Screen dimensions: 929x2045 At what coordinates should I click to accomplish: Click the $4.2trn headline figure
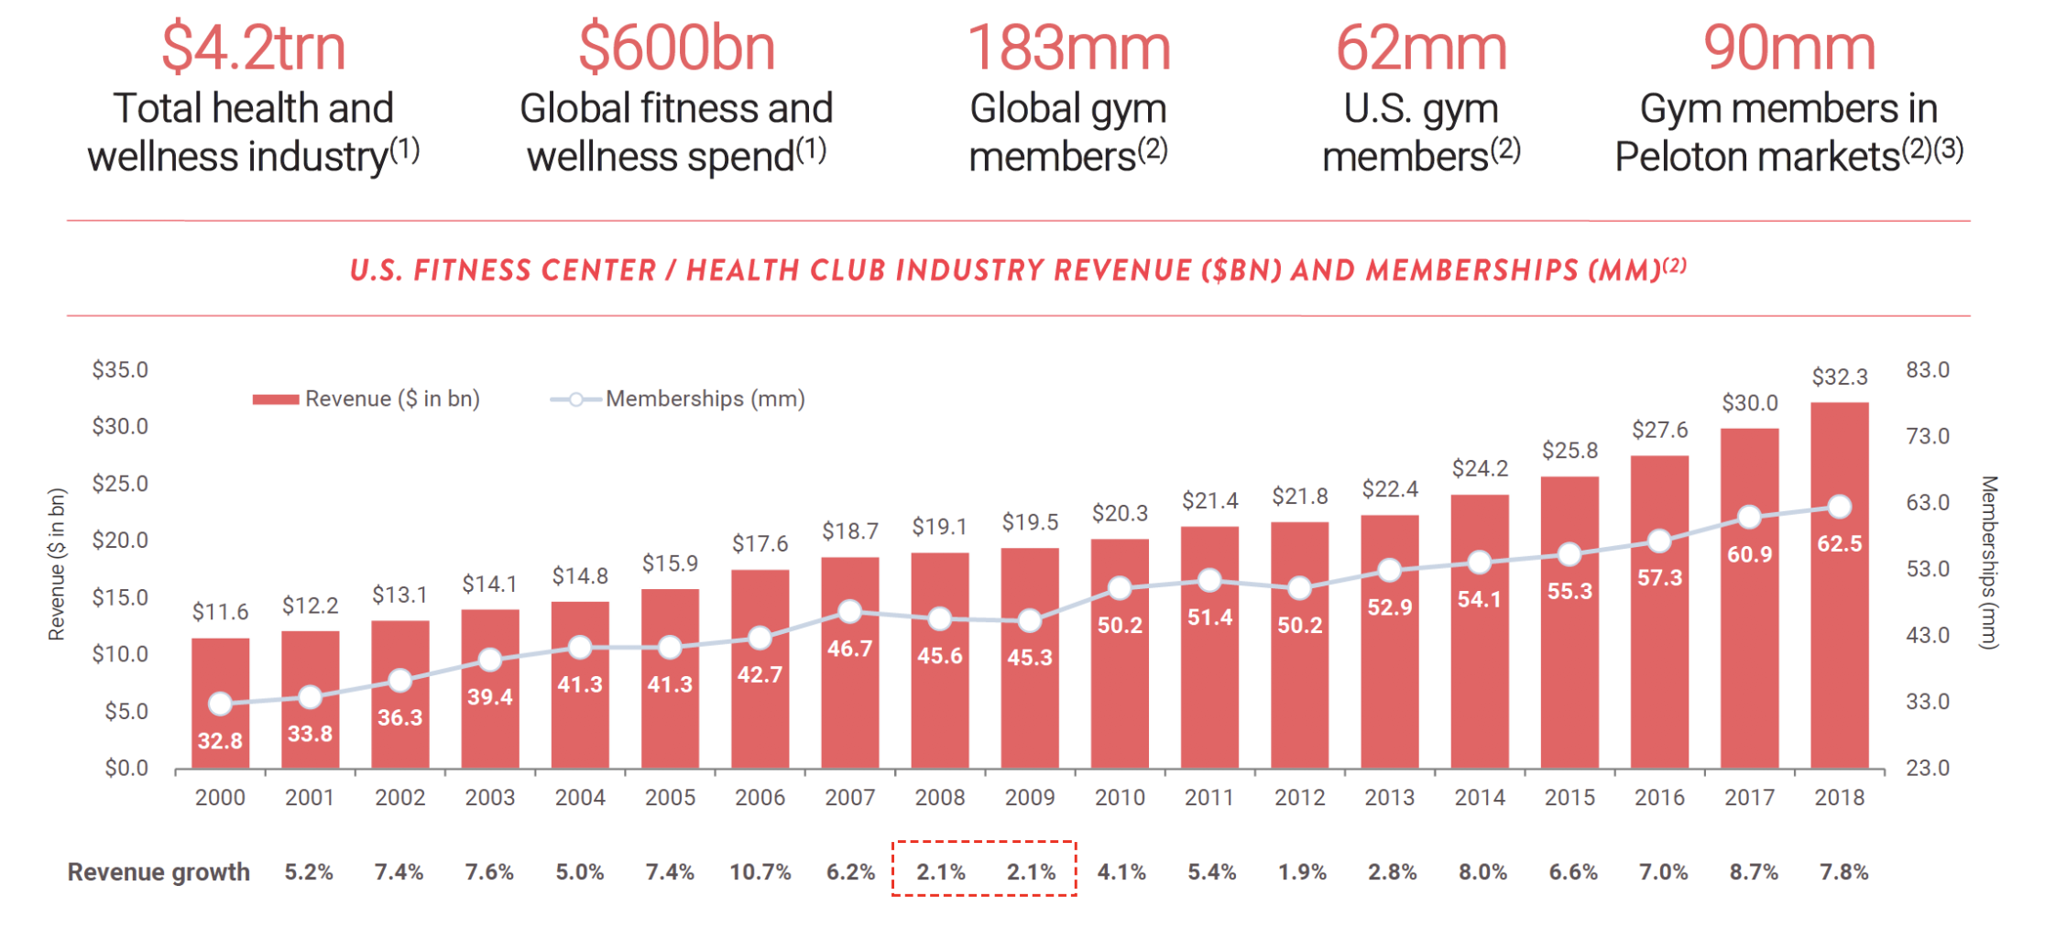[254, 49]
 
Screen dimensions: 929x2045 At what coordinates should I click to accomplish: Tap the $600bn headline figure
[676, 49]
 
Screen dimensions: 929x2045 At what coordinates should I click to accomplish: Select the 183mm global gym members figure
[1068, 49]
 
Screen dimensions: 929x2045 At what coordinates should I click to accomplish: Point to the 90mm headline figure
[1788, 49]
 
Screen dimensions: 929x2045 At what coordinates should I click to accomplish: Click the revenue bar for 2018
[1839, 641]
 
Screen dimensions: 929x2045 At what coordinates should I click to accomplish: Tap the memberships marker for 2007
[850, 611]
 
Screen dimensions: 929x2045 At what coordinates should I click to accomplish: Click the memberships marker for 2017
[1749, 517]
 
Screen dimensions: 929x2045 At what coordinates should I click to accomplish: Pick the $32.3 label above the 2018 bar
[1839, 377]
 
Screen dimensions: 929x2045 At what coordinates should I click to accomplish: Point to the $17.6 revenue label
[760, 544]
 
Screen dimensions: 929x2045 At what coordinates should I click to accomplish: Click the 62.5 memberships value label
[1839, 544]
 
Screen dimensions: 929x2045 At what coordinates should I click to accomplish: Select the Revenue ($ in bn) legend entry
[366, 399]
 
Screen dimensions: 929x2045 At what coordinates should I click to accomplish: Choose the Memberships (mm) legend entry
[678, 399]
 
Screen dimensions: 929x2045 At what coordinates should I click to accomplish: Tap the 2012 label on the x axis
[1299, 798]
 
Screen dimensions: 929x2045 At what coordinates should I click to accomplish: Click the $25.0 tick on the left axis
[120, 484]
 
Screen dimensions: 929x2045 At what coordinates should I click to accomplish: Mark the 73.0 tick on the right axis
[1928, 436]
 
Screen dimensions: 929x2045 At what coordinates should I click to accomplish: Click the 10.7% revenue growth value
[760, 872]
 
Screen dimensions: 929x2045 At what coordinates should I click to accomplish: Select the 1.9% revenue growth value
[1301, 872]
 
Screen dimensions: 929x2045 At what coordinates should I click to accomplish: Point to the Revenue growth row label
[159, 872]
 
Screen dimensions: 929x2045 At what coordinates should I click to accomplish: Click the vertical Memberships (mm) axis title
[1988, 563]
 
